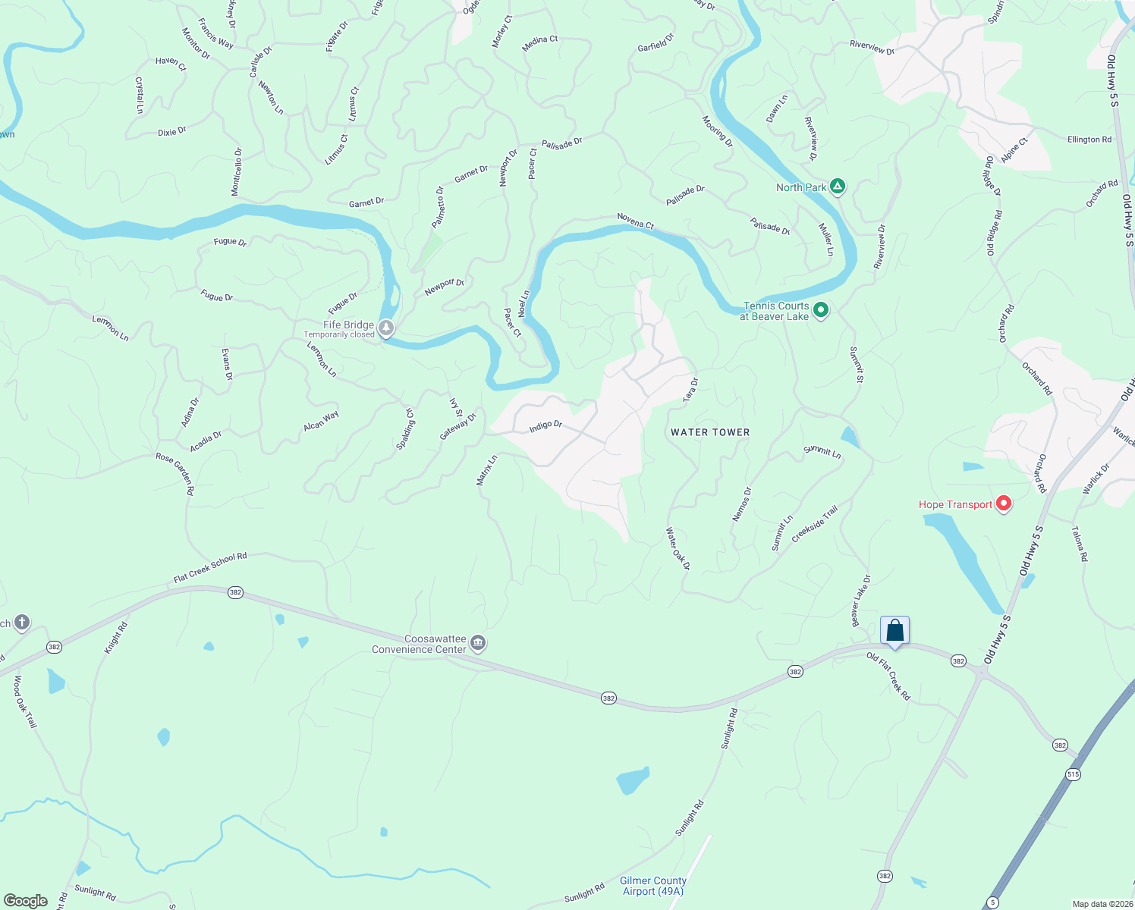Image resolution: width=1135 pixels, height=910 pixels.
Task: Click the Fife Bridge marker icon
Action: pos(386,328)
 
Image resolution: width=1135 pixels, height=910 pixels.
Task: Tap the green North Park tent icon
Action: pos(838,187)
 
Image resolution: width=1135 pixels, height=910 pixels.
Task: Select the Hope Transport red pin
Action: pos(1004,504)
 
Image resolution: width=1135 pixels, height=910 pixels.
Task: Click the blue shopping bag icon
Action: pos(894,630)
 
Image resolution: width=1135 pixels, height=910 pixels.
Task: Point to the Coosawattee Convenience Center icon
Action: pos(478,644)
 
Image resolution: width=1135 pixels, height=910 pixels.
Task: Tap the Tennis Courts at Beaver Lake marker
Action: pos(820,310)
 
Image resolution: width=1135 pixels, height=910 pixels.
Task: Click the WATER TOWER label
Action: pos(710,432)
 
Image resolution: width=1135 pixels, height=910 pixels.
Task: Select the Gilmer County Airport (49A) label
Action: pos(652,886)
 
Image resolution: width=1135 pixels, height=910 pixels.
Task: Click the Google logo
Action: pos(25,901)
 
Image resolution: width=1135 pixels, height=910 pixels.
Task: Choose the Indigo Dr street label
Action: pos(545,426)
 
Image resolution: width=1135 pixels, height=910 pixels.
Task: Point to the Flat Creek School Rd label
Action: pos(210,568)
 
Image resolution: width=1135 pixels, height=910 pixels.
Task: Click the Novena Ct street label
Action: pos(635,221)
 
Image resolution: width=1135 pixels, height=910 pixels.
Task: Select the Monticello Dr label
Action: pos(237,172)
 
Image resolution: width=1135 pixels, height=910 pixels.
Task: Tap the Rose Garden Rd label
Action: pos(175,473)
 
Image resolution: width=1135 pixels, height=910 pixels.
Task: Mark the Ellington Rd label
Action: pos(1089,140)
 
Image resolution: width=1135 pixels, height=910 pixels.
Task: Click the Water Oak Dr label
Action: pos(678,549)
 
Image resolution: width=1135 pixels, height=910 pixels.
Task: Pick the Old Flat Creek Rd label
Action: pos(888,675)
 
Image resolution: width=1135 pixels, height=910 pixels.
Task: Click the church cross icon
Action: pos(21,623)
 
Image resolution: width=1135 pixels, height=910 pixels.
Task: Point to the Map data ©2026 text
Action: pos(1102,904)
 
